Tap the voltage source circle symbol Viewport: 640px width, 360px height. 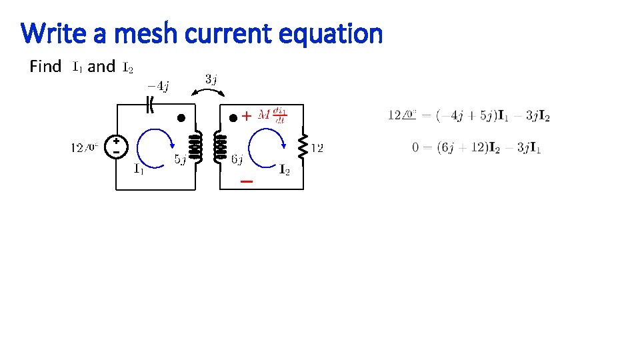point(117,147)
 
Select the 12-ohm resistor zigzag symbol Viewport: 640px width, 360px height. point(303,147)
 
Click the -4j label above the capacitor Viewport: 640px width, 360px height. point(158,85)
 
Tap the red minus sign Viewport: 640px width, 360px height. point(246,181)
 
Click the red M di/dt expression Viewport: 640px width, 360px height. point(272,116)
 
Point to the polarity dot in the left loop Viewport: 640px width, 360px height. point(180,119)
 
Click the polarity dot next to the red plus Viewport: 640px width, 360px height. point(233,119)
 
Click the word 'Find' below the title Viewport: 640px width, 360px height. point(45,67)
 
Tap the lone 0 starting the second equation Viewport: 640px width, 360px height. point(415,147)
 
